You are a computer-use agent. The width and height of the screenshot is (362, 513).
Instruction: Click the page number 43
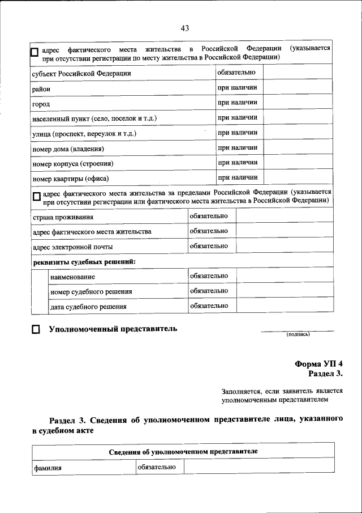[x=184, y=29]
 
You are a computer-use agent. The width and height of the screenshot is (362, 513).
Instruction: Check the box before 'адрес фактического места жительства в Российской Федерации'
[x=35, y=53]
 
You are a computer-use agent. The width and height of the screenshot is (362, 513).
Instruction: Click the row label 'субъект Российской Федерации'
[x=81, y=74]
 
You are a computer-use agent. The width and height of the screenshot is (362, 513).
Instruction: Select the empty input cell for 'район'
[x=297, y=88]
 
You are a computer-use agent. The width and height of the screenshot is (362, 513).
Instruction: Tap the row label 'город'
[x=41, y=104]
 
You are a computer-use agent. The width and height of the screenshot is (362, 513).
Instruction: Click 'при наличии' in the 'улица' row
[x=238, y=133]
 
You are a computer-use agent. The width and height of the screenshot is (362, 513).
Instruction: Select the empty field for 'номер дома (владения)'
[x=297, y=149]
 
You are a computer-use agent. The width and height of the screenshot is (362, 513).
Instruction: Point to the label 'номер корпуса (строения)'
[x=73, y=164]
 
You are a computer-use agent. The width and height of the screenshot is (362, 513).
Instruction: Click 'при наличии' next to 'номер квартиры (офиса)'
[x=238, y=178]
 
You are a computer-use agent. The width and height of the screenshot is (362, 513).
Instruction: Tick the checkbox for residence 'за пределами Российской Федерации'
[x=36, y=197]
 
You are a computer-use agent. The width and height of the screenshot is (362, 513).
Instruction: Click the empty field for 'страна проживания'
[x=283, y=217]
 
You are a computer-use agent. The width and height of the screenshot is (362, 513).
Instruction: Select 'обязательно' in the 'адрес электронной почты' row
[x=209, y=247]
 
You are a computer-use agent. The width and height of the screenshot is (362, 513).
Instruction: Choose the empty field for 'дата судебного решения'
[x=283, y=306]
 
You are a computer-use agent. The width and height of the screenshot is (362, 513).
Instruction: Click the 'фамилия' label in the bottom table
[x=48, y=468]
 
